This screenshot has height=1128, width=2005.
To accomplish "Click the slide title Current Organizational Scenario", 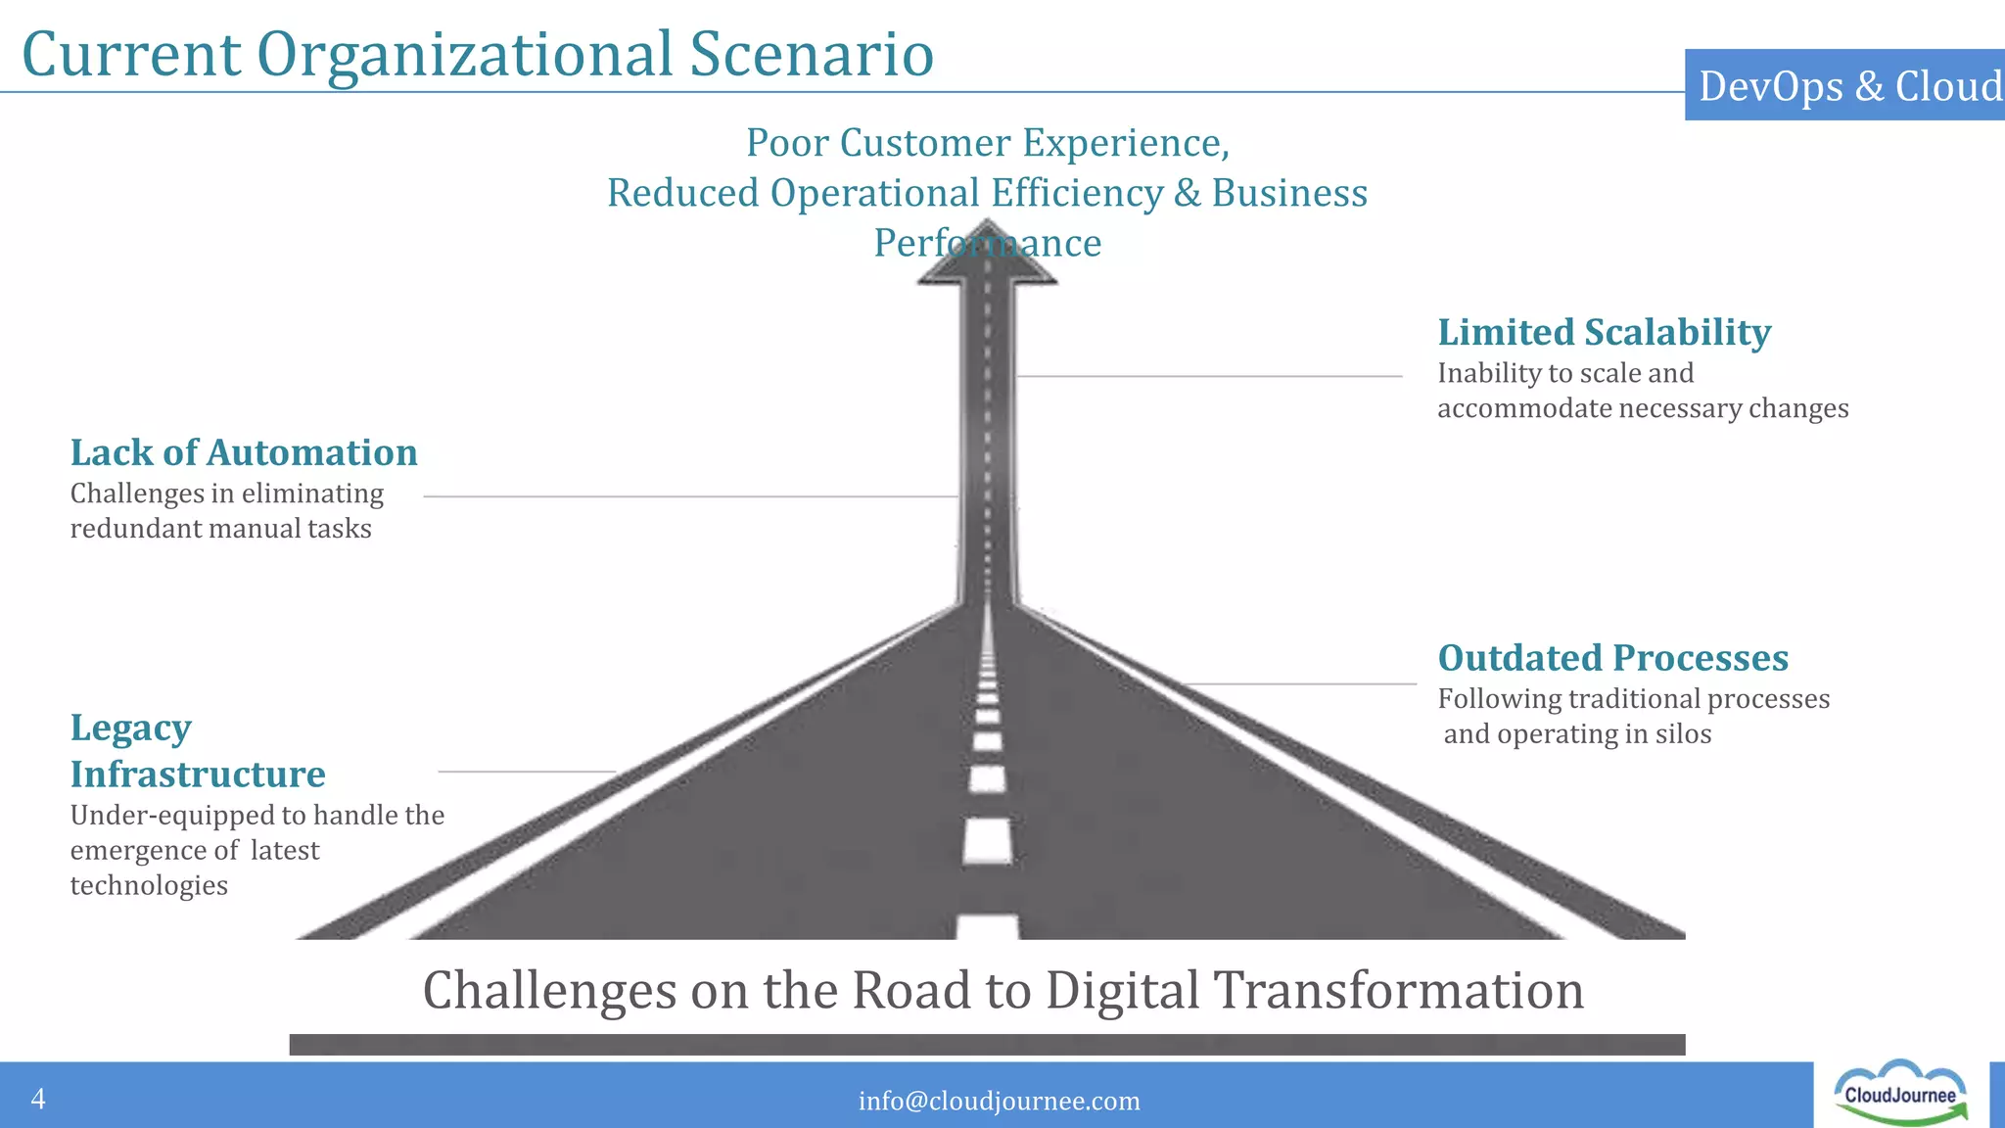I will coord(478,54).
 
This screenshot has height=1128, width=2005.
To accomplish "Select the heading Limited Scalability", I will coord(1604,333).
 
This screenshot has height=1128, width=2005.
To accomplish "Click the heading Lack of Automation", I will coord(244,453).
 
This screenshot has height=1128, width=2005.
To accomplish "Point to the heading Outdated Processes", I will coord(1612,658).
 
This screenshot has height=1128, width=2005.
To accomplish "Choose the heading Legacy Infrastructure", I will coord(197,751).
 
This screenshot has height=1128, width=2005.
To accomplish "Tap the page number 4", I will coord(38,1099).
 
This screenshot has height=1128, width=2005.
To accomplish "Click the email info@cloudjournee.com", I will coord(999,1102).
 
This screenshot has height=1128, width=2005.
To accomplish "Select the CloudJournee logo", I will coord(1900,1094).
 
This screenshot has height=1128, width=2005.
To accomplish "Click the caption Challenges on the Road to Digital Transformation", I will coord(1002,990).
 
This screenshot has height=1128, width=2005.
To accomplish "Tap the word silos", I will coord(1683,734).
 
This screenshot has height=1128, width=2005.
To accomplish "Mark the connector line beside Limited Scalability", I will coord(1209,376).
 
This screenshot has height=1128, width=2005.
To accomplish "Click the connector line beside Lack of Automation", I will coord(690,496).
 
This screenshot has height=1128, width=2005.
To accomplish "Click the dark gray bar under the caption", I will coord(987,1045).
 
